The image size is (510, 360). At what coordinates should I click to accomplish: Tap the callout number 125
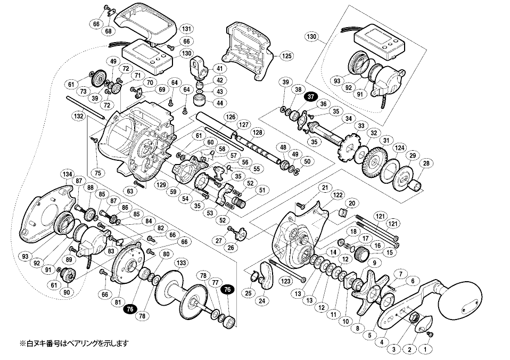point(287,55)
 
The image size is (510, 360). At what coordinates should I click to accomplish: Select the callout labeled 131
point(186,29)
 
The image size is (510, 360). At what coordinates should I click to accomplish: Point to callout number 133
point(182,263)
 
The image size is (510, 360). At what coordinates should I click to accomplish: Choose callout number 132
point(79,115)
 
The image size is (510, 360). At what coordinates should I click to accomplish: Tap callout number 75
point(97,173)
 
